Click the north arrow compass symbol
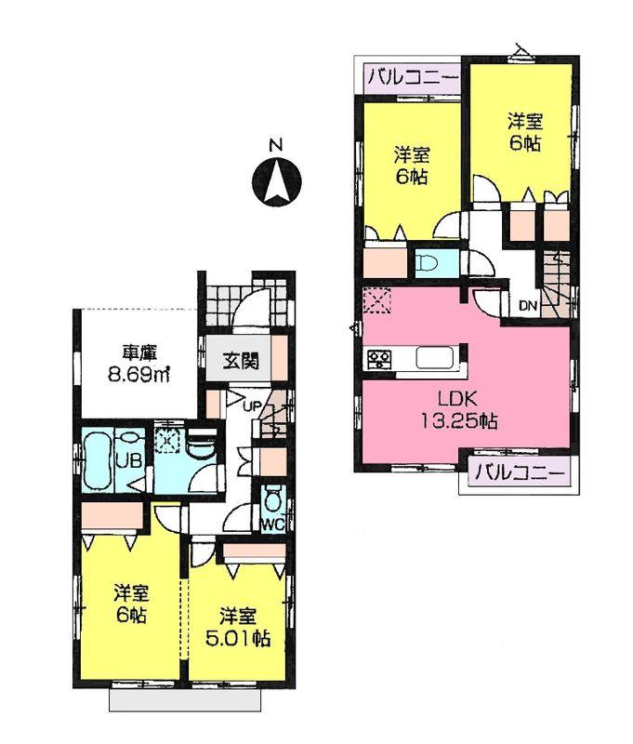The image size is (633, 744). [276, 182]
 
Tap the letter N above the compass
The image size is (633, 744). [275, 146]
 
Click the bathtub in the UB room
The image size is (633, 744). [97, 460]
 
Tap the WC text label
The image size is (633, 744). [271, 525]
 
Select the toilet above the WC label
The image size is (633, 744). [272, 498]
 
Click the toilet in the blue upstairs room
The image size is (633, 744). [428, 261]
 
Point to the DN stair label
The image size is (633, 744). [527, 304]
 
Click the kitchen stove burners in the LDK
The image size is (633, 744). [379, 358]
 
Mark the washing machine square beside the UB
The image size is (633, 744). [168, 440]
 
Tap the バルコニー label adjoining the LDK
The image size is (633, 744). [520, 472]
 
